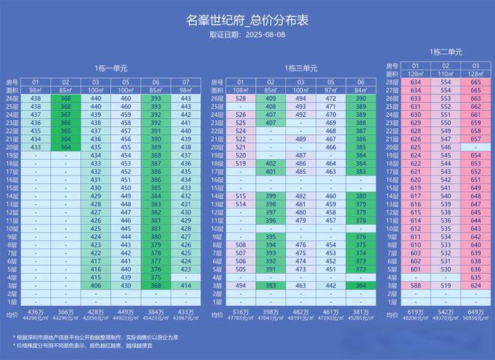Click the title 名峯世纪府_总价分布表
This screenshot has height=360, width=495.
coord(247,21)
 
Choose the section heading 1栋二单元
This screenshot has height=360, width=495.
coord(446,52)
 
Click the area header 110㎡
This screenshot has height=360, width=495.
coord(445,73)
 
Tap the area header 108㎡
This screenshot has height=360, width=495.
coord(241,90)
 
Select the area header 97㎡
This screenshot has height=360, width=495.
coord(331,90)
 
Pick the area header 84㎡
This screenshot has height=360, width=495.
coord(361,90)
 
